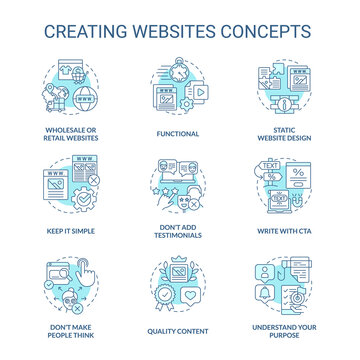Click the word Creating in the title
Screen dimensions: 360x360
pyautogui.click(x=76, y=23)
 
